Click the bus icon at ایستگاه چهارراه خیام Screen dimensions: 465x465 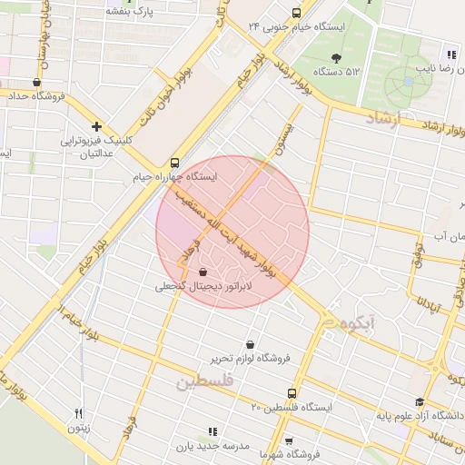[175, 163]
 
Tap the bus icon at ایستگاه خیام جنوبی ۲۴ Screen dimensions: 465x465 [296, 13]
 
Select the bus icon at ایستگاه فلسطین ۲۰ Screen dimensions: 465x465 [291, 394]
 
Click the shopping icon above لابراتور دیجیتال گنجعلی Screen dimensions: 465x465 [202, 272]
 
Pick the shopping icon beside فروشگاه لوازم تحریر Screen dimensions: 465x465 [250, 344]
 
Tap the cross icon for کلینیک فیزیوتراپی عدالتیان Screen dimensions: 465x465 [96, 126]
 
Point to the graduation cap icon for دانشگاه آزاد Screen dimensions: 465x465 [419, 402]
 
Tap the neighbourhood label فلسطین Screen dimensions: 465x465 [205, 383]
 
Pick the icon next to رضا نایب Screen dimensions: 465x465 [450, 54]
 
